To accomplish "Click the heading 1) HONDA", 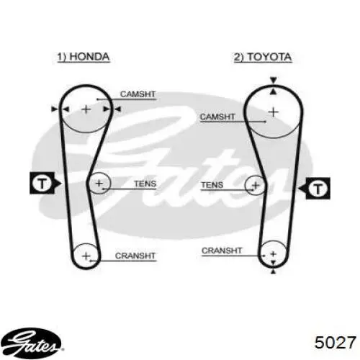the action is coord(84,57).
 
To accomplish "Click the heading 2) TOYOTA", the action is coord(263,58).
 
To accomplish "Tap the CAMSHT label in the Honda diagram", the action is coord(138,94).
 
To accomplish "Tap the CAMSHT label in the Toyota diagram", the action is coord(217,117).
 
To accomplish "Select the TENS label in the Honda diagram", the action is coord(145,184).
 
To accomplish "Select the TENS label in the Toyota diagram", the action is coord(212,185).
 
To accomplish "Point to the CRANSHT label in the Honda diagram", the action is coord(135,256).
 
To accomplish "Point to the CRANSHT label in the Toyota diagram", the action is coord(222,251).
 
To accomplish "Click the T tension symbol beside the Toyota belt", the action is coord(315,189).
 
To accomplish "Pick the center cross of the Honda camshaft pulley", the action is coord(86,109).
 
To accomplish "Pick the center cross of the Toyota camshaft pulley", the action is coord(273,112).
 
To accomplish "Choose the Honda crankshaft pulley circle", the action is coord(86,243).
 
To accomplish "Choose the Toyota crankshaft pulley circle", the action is coord(273,240).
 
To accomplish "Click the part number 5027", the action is coord(336,342).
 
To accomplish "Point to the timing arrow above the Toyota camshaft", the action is coord(274,81).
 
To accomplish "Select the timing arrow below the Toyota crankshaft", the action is coord(273,271).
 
